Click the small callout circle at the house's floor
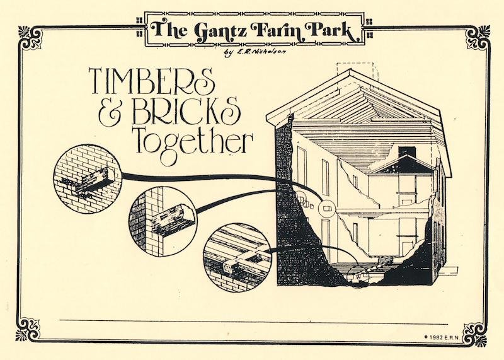357,276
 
